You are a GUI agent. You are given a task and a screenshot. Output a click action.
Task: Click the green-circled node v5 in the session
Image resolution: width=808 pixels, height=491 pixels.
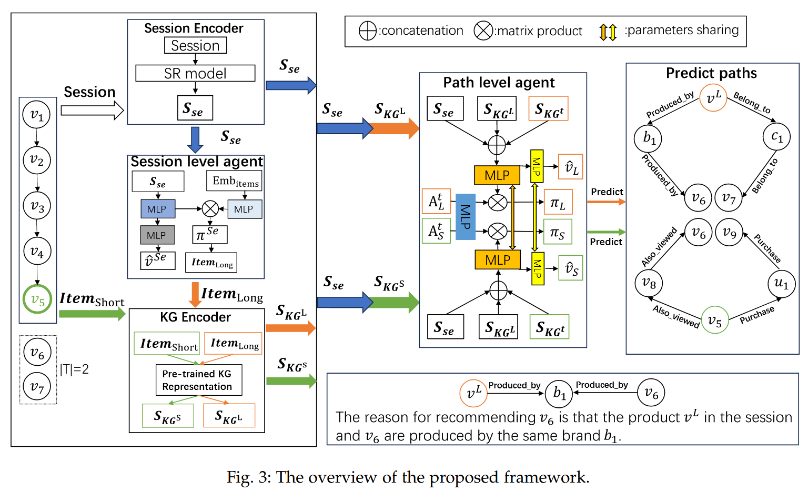coord(37,299)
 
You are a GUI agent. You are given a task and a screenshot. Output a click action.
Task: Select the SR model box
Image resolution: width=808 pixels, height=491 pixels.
coord(195,73)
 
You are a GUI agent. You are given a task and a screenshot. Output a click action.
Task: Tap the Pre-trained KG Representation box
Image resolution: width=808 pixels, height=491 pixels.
coord(198,380)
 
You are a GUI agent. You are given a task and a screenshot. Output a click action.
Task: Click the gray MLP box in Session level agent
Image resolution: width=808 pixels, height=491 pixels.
coord(157,235)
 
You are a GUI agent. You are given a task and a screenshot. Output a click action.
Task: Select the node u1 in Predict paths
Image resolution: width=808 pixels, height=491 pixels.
coord(782,284)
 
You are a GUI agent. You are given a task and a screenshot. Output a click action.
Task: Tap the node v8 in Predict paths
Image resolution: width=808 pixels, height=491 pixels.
coord(649,284)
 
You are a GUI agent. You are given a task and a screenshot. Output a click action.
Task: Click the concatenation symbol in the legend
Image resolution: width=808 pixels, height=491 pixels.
coord(368,31)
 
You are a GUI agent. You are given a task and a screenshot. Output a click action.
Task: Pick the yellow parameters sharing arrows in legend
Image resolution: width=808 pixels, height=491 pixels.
coord(608,32)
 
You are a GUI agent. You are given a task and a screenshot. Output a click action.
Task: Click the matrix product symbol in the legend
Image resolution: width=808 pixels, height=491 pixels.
coord(483,31)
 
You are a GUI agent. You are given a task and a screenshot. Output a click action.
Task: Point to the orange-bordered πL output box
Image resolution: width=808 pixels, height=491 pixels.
coord(558,203)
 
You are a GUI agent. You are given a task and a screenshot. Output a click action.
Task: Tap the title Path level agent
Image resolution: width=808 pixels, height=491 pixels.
coord(499,83)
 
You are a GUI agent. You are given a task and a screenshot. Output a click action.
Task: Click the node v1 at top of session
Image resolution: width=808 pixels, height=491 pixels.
coord(37,115)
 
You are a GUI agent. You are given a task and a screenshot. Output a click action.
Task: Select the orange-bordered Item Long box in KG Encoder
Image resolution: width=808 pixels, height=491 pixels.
coord(233,344)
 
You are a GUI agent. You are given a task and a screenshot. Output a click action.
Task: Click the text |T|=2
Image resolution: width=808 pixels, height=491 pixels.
coord(74,369)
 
